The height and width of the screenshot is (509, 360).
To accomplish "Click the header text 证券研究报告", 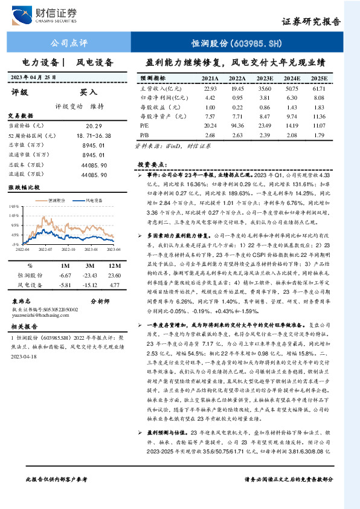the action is point(311,21).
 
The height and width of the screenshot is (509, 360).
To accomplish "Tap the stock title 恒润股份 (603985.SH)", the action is point(236,44).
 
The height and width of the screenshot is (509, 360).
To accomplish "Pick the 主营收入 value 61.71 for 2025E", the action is point(318,88).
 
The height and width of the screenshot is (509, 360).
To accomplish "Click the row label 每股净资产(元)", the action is point(159,116).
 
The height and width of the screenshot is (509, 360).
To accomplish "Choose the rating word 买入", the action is point(88,92).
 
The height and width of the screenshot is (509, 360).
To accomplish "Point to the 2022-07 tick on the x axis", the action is point(47,248).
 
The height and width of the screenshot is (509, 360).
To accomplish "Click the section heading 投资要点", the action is point(152,164).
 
